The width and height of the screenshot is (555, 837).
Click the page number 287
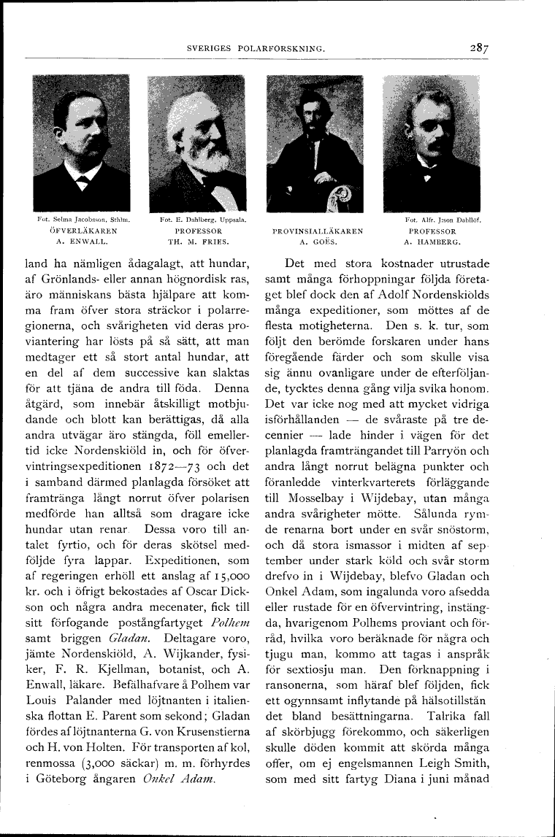480,48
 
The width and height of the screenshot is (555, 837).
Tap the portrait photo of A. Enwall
82,142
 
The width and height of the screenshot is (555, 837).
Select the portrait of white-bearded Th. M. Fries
196,142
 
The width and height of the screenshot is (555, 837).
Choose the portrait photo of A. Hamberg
432,142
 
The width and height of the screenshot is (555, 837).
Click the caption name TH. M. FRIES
198,239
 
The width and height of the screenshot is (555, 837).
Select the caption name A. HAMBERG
432,239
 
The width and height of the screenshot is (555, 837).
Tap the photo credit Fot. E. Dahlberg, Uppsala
198,218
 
